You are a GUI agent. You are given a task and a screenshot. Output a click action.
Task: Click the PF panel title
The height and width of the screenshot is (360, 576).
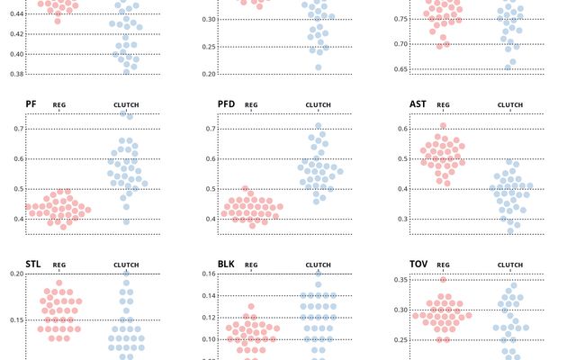tap(31, 104)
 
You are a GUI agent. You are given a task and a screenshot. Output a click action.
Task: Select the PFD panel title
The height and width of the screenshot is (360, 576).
tap(226, 104)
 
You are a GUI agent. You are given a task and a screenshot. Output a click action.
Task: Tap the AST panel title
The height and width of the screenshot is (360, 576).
tap(418, 104)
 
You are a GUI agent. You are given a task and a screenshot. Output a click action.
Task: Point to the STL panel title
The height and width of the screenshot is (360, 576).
tap(33, 265)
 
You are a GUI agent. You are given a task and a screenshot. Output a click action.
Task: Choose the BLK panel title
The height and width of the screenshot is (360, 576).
tap(226, 265)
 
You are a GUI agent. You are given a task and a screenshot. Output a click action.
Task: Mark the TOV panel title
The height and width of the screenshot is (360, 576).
tap(418, 265)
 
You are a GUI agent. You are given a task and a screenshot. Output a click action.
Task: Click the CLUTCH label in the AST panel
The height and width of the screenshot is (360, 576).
tap(510, 105)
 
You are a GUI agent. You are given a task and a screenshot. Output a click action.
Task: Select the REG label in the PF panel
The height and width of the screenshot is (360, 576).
tap(59, 105)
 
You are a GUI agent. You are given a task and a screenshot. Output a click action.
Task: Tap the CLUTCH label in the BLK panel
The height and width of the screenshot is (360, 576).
tap(318, 265)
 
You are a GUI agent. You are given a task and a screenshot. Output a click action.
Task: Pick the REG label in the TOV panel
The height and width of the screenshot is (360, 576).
tap(443, 265)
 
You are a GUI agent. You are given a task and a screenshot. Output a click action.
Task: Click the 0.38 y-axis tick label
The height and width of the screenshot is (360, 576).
tap(13, 74)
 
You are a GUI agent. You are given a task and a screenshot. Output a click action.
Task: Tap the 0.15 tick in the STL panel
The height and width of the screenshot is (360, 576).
tap(13, 319)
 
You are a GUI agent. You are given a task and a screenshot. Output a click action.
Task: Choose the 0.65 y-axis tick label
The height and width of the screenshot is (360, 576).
tap(397, 68)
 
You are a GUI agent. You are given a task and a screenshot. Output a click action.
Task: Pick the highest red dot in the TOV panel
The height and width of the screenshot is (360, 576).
tap(443, 280)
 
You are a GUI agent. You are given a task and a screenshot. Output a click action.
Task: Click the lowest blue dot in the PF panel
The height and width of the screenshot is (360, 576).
tap(126, 221)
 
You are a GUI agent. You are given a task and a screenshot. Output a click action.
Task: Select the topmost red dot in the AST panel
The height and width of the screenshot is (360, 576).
tap(443, 127)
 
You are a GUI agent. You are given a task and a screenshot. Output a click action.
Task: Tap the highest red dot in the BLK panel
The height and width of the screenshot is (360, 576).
tap(251, 307)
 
